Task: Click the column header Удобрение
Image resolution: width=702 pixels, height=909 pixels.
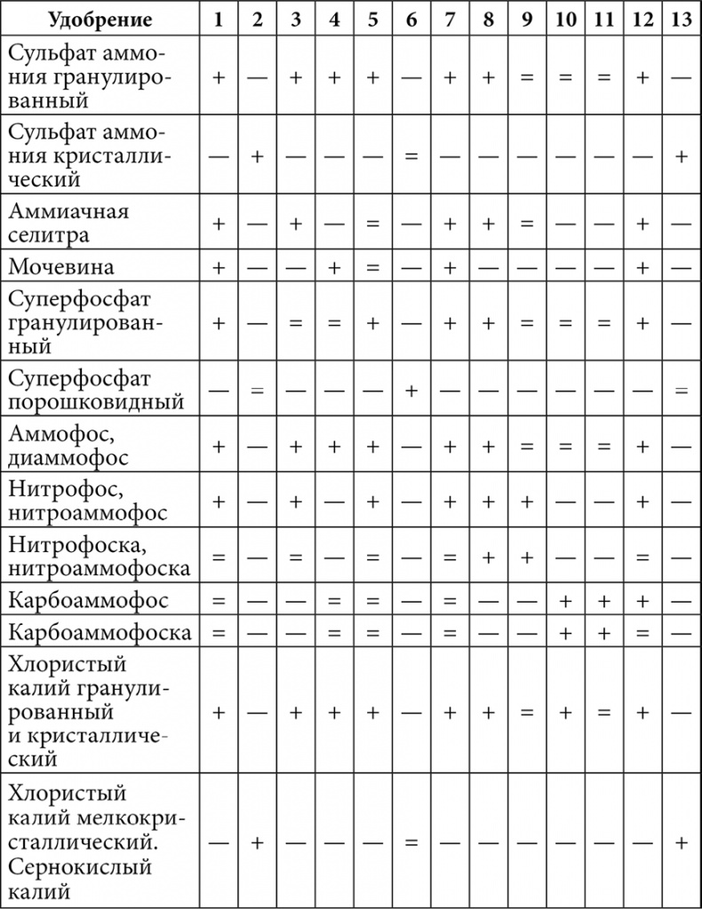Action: click(x=100, y=20)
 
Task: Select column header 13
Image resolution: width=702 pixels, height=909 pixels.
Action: click(x=682, y=20)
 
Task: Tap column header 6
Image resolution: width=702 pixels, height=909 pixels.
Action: click(x=411, y=20)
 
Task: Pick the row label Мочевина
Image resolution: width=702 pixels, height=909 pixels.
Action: click(x=61, y=267)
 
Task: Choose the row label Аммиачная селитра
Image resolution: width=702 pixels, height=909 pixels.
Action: click(x=68, y=224)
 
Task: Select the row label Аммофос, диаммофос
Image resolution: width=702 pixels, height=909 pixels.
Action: click(x=68, y=447)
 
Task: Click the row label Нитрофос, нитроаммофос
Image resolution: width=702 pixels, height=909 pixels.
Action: click(x=87, y=502)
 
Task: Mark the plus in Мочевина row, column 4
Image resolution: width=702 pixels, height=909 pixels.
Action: click(x=334, y=267)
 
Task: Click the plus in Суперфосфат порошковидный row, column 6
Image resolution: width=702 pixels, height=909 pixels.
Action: click(x=411, y=391)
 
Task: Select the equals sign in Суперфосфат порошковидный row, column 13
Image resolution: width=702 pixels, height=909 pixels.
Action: click(x=682, y=391)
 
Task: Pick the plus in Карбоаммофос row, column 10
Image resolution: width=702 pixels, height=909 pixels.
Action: click(x=564, y=601)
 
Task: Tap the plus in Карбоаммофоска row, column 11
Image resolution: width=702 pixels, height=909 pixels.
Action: click(x=603, y=633)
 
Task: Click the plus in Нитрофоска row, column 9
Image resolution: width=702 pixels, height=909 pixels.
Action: click(x=526, y=557)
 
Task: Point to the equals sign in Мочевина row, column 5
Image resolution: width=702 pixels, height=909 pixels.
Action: click(x=372, y=267)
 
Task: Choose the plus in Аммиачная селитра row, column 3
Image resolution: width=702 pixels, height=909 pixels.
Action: click(x=295, y=224)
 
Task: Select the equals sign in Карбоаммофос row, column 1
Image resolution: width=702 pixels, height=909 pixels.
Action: click(x=218, y=601)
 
